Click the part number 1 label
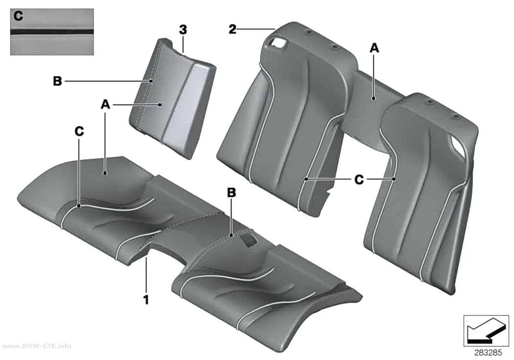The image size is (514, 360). point(146,299)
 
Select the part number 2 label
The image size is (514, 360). point(232,29)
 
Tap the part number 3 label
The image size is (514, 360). point(183,29)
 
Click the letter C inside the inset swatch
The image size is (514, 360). point(19,16)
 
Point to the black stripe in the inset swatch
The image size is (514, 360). point(52,32)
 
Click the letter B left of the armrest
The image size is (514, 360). point(57,81)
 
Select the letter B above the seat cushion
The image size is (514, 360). point(232,192)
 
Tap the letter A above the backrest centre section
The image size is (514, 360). point(374,48)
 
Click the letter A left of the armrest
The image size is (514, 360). point(105,105)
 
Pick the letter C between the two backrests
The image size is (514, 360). point(359,179)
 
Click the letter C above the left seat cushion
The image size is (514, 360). point(79,131)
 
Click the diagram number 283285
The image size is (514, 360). point(488,353)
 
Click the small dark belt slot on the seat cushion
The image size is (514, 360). point(248,240)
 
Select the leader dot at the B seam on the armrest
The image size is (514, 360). point(151,81)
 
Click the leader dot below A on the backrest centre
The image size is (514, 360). point(374,97)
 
